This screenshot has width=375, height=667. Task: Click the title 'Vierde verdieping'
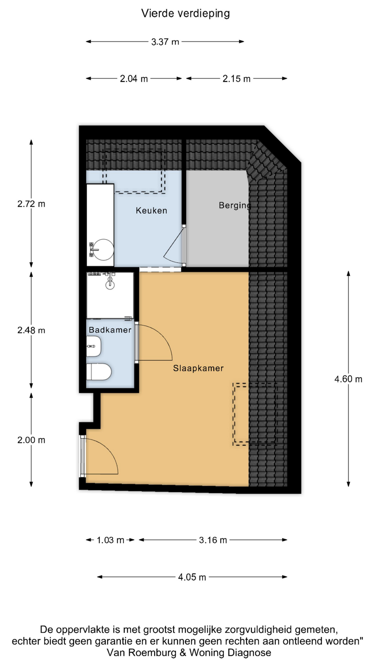point(185,14)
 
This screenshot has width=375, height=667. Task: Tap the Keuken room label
point(151,211)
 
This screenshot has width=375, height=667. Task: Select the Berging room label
point(235,206)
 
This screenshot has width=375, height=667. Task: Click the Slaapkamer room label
point(198,368)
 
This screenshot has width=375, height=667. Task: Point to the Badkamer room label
point(110,330)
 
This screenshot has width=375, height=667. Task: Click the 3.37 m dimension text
point(165,42)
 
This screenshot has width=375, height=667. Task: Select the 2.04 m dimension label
point(134,79)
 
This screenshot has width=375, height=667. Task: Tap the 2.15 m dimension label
point(236,79)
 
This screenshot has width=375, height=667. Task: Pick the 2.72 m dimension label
point(31,204)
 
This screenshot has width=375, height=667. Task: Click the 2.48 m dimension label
point(31,330)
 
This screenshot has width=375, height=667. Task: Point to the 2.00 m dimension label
point(31,440)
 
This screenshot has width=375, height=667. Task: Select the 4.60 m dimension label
point(348,379)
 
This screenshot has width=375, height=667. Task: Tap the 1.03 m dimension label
point(110,540)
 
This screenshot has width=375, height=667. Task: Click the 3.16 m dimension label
point(213,540)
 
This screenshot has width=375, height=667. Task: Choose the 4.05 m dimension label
point(192,577)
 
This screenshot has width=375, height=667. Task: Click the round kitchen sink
point(103,249)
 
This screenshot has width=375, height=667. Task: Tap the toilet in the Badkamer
point(99,372)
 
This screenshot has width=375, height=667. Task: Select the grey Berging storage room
point(217,219)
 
